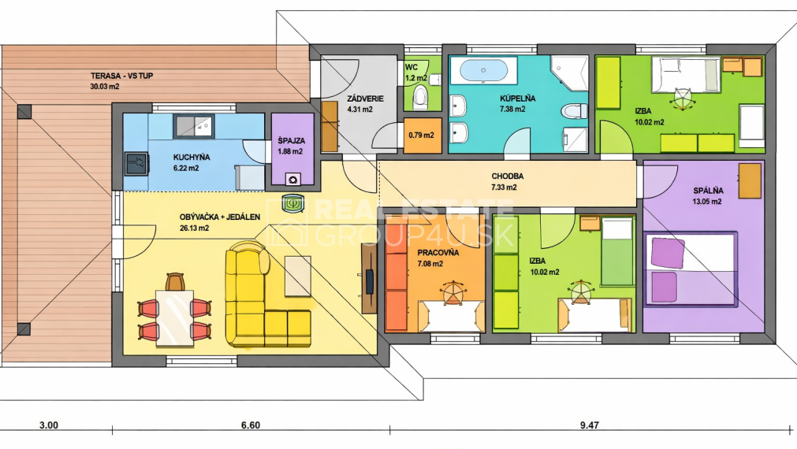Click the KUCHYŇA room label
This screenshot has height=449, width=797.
(191, 157)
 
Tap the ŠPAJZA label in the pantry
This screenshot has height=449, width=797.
(291, 141)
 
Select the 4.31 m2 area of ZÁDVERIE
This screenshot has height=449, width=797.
(359, 109)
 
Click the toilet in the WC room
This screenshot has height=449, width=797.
(420, 98)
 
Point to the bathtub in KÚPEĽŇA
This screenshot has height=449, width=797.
(483, 70)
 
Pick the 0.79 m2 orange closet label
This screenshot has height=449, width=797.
(422, 135)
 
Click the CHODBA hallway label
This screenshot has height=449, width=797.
(507, 176)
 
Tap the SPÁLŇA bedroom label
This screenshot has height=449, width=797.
(708, 191)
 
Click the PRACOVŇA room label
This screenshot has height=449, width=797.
(438, 252)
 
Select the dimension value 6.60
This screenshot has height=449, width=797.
(250, 425)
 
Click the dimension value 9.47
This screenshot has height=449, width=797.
(590, 425)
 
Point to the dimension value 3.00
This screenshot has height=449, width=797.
(49, 425)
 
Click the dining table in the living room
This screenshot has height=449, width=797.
(175, 318)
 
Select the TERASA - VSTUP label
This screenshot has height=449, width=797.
(121, 76)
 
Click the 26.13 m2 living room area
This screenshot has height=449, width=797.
(194, 228)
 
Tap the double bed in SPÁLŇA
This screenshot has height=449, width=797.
(690, 269)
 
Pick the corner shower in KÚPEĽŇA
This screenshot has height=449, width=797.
(570, 73)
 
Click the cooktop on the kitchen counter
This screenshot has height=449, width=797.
(136, 164)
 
